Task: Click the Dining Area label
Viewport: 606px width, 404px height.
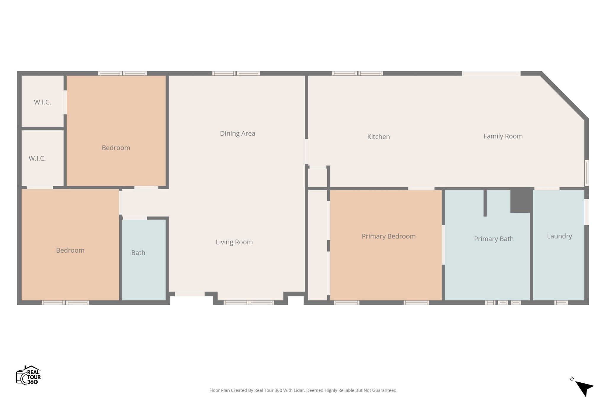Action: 238,133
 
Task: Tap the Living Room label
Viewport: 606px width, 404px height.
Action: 234,242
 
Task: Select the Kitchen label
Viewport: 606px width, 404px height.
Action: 378,137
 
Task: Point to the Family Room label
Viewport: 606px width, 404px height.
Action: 503,136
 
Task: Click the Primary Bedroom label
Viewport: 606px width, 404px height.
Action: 389,236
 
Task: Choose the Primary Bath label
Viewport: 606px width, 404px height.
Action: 494,239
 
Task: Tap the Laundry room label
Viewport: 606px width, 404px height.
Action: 559,236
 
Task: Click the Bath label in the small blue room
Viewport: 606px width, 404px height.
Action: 138,253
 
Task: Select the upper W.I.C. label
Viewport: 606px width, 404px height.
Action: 42,102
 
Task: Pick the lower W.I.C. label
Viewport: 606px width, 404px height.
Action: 37,159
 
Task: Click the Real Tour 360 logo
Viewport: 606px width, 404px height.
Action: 28,375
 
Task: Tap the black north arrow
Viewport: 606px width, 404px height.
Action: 584,388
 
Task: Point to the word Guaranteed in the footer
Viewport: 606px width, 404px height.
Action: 384,390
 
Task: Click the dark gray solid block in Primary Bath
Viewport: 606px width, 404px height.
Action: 521,200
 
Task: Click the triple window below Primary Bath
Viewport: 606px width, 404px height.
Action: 503,303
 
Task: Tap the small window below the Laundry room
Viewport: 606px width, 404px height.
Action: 561,303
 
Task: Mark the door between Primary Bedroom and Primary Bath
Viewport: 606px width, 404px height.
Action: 443,245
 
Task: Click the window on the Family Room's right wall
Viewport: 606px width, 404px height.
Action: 587,173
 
